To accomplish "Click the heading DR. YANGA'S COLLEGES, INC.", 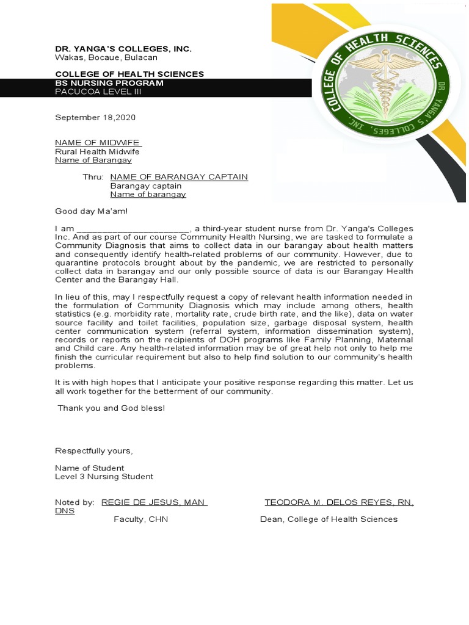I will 123,49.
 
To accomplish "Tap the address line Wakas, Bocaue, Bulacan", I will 106,57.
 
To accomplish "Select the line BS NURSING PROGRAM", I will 109,83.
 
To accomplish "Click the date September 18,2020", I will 95,117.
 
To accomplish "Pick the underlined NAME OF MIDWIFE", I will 98,142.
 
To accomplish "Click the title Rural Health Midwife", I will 98,151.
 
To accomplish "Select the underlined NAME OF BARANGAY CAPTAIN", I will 179,177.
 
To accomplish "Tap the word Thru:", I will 93,177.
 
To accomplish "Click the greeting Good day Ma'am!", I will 92,211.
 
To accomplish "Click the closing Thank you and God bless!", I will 111,408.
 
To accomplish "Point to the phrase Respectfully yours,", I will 93,451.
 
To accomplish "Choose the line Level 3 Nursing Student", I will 104,477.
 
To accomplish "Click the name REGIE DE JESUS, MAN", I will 154,502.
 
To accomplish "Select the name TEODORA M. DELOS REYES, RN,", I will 339,502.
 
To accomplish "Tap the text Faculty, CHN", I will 140,519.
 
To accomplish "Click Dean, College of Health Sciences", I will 329,519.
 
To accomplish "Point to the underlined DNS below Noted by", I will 65,511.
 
